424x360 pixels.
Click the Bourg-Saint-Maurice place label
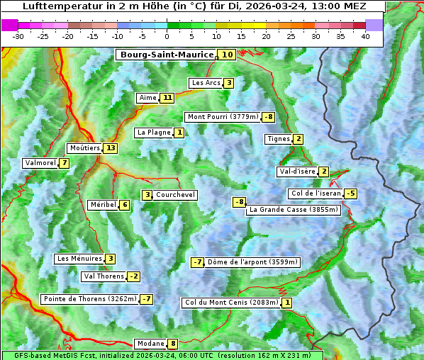[167, 55]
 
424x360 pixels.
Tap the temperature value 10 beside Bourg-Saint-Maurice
[227, 55]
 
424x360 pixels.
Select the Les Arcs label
[206, 83]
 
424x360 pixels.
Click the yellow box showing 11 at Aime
[167, 98]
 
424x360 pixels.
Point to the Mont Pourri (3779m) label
[222, 117]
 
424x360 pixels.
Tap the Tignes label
[279, 139]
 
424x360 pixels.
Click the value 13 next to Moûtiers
[110, 148]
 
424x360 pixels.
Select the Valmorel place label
[40, 163]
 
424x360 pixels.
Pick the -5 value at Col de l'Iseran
[350, 193]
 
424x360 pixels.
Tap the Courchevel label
[175, 195]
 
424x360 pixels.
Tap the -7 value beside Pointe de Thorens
[146, 299]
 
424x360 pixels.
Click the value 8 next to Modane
[172, 344]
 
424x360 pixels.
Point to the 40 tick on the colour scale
[365, 35]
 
